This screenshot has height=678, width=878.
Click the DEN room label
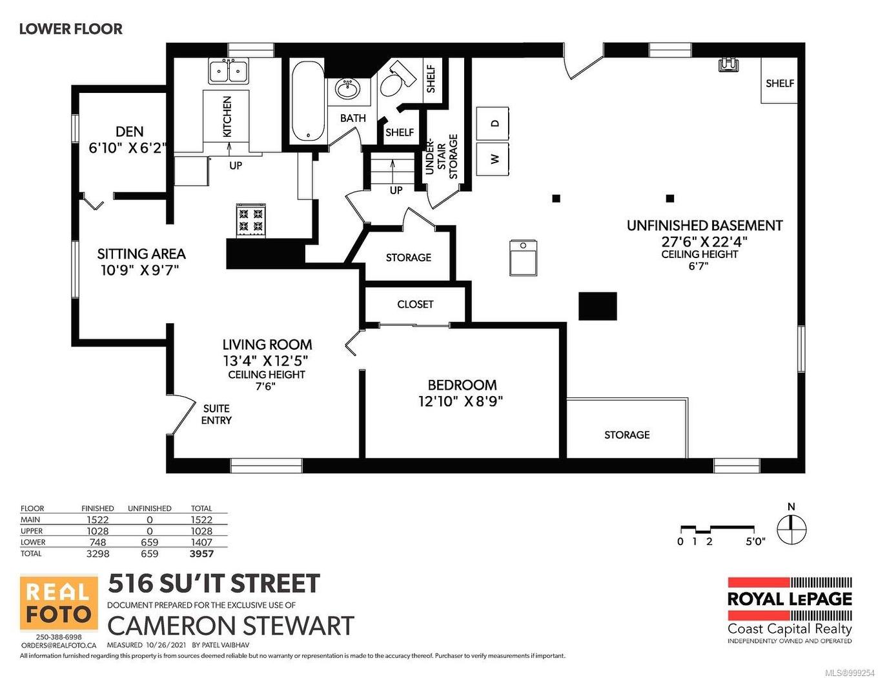click(129, 132)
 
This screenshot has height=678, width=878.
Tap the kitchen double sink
click(229, 70)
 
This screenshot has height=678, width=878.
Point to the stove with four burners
click(251, 219)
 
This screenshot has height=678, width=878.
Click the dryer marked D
click(493, 123)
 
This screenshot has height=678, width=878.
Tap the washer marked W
click(493, 159)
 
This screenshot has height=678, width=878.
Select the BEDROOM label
click(462, 385)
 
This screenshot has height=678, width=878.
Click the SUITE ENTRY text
click(216, 414)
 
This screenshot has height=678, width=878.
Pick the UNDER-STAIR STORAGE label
click(442, 156)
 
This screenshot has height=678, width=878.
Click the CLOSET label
click(415, 304)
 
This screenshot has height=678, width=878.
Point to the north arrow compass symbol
click(791, 530)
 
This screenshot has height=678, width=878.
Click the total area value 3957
click(201, 553)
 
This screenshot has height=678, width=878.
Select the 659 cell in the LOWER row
click(149, 543)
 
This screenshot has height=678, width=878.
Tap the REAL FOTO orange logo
click(59, 603)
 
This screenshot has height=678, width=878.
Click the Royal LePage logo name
click(790, 599)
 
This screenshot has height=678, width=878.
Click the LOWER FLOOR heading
click(70, 29)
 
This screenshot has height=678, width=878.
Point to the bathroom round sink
click(348, 89)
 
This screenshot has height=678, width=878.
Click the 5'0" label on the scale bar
click(755, 542)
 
